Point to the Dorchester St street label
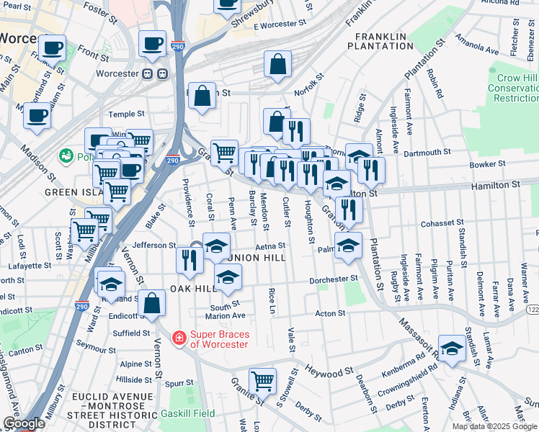tap(334, 279)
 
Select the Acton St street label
tap(331, 313)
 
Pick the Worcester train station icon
tap(155, 73)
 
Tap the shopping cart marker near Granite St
tap(262, 380)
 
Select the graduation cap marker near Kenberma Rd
tap(452, 349)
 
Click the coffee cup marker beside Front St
tap(152, 44)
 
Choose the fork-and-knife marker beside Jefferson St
tap(190, 259)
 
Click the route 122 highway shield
tap(532, 309)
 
